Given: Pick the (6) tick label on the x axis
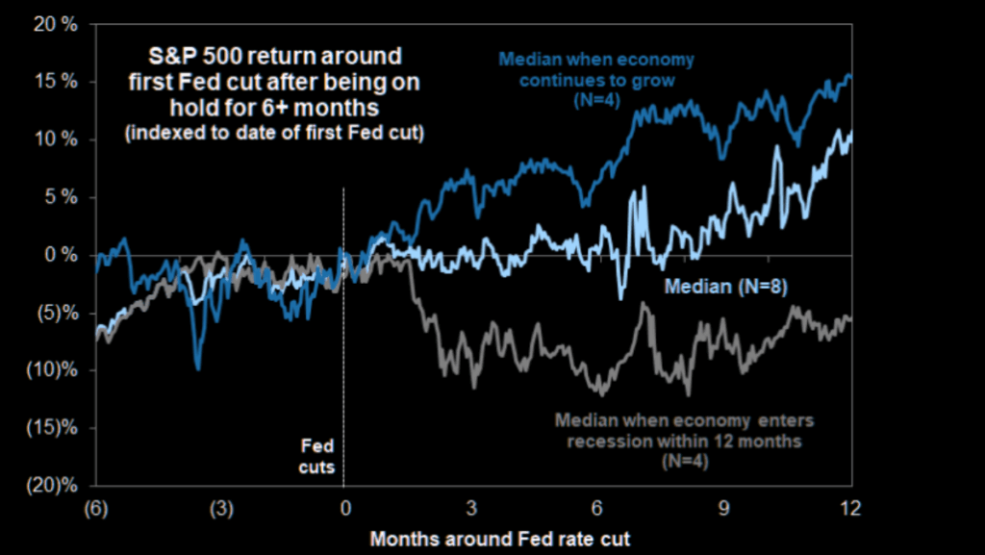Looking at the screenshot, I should point(95,507).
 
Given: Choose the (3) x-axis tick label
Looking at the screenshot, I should point(219,507).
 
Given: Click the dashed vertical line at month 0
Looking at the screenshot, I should point(343,337).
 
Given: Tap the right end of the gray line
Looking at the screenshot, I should point(850,318).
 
